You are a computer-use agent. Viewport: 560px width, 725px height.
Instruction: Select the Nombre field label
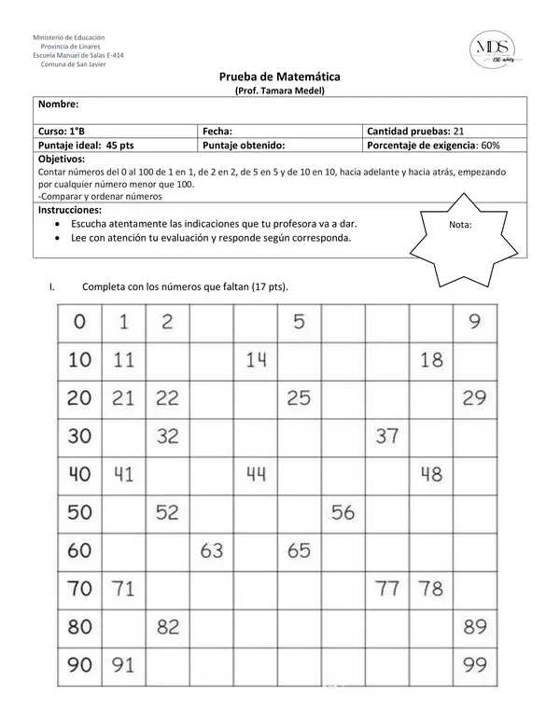(x=58, y=105)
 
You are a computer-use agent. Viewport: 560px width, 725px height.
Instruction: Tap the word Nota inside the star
(x=460, y=225)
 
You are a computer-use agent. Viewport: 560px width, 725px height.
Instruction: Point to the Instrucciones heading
(x=70, y=211)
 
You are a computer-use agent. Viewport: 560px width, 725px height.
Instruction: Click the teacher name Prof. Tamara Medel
(x=279, y=90)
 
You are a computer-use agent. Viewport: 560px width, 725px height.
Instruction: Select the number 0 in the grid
(x=79, y=322)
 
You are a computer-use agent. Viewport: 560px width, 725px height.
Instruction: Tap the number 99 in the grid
(x=474, y=666)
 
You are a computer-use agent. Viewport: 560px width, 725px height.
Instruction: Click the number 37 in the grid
(x=386, y=436)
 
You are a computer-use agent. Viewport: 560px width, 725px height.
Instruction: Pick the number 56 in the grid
(x=343, y=512)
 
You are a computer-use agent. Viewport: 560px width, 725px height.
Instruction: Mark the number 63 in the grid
(x=211, y=551)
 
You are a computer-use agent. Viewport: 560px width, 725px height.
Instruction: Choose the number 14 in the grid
(x=256, y=359)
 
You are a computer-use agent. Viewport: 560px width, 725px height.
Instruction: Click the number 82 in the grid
(x=167, y=627)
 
